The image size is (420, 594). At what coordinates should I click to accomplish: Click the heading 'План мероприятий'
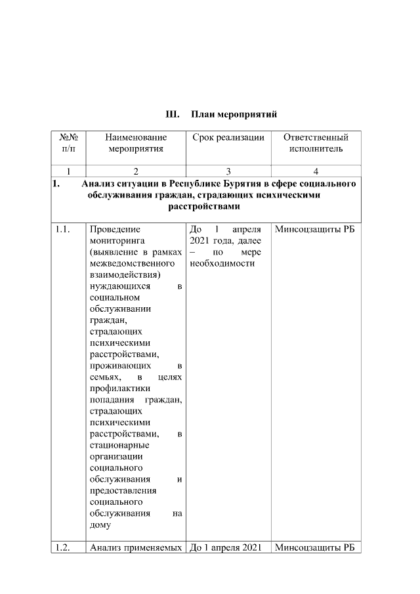tap(234, 114)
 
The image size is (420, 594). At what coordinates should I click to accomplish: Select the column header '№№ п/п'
tap(68, 143)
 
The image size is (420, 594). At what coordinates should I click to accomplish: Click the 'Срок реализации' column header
tap(228, 137)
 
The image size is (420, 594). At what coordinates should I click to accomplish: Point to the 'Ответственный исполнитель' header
tap(316, 143)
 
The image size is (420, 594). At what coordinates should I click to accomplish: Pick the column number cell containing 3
tap(228, 171)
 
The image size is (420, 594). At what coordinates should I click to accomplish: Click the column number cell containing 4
tap(316, 171)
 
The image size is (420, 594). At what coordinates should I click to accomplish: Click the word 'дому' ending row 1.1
tap(100, 526)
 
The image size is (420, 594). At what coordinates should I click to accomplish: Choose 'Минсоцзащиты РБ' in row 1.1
tap(315, 230)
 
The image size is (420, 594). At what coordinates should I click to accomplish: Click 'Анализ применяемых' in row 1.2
tap(135, 547)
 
